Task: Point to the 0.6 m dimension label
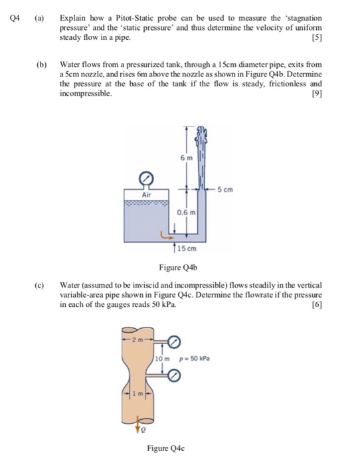click(x=187, y=213)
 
